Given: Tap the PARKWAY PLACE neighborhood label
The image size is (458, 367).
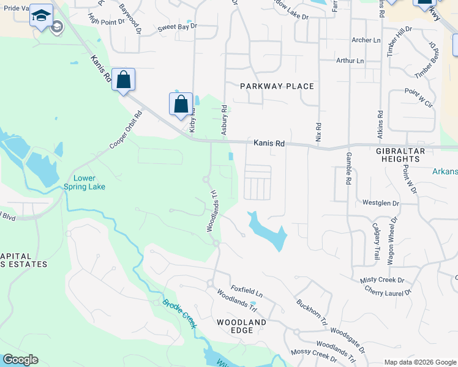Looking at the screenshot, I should pyautogui.click(x=277, y=86).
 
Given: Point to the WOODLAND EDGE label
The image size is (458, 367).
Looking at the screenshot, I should pyautogui.click(x=242, y=326).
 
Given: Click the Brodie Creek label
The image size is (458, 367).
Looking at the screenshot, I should pyautogui.click(x=179, y=313).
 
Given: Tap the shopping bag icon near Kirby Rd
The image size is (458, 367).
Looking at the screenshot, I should pyautogui.click(x=181, y=104).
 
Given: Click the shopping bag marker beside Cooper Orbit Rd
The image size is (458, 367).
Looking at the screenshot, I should pyautogui.click(x=123, y=80).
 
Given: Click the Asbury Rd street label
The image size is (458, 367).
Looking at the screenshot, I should pyautogui.click(x=224, y=119).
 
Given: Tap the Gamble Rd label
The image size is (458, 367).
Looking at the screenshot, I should pyautogui.click(x=348, y=168).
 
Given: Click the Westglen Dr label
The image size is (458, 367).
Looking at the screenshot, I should pyautogui.click(x=380, y=202).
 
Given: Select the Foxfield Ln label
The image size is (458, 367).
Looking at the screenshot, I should pyautogui.click(x=246, y=289).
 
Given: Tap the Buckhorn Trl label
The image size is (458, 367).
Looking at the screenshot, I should pyautogui.click(x=312, y=311).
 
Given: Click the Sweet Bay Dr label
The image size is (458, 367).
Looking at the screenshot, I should pyautogui.click(x=177, y=28).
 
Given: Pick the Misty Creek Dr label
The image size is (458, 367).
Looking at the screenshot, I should pyautogui.click(x=383, y=280).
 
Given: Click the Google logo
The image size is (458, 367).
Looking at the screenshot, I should pyautogui.click(x=20, y=360).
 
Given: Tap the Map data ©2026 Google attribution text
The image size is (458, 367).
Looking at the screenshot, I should pyautogui.click(x=419, y=362).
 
